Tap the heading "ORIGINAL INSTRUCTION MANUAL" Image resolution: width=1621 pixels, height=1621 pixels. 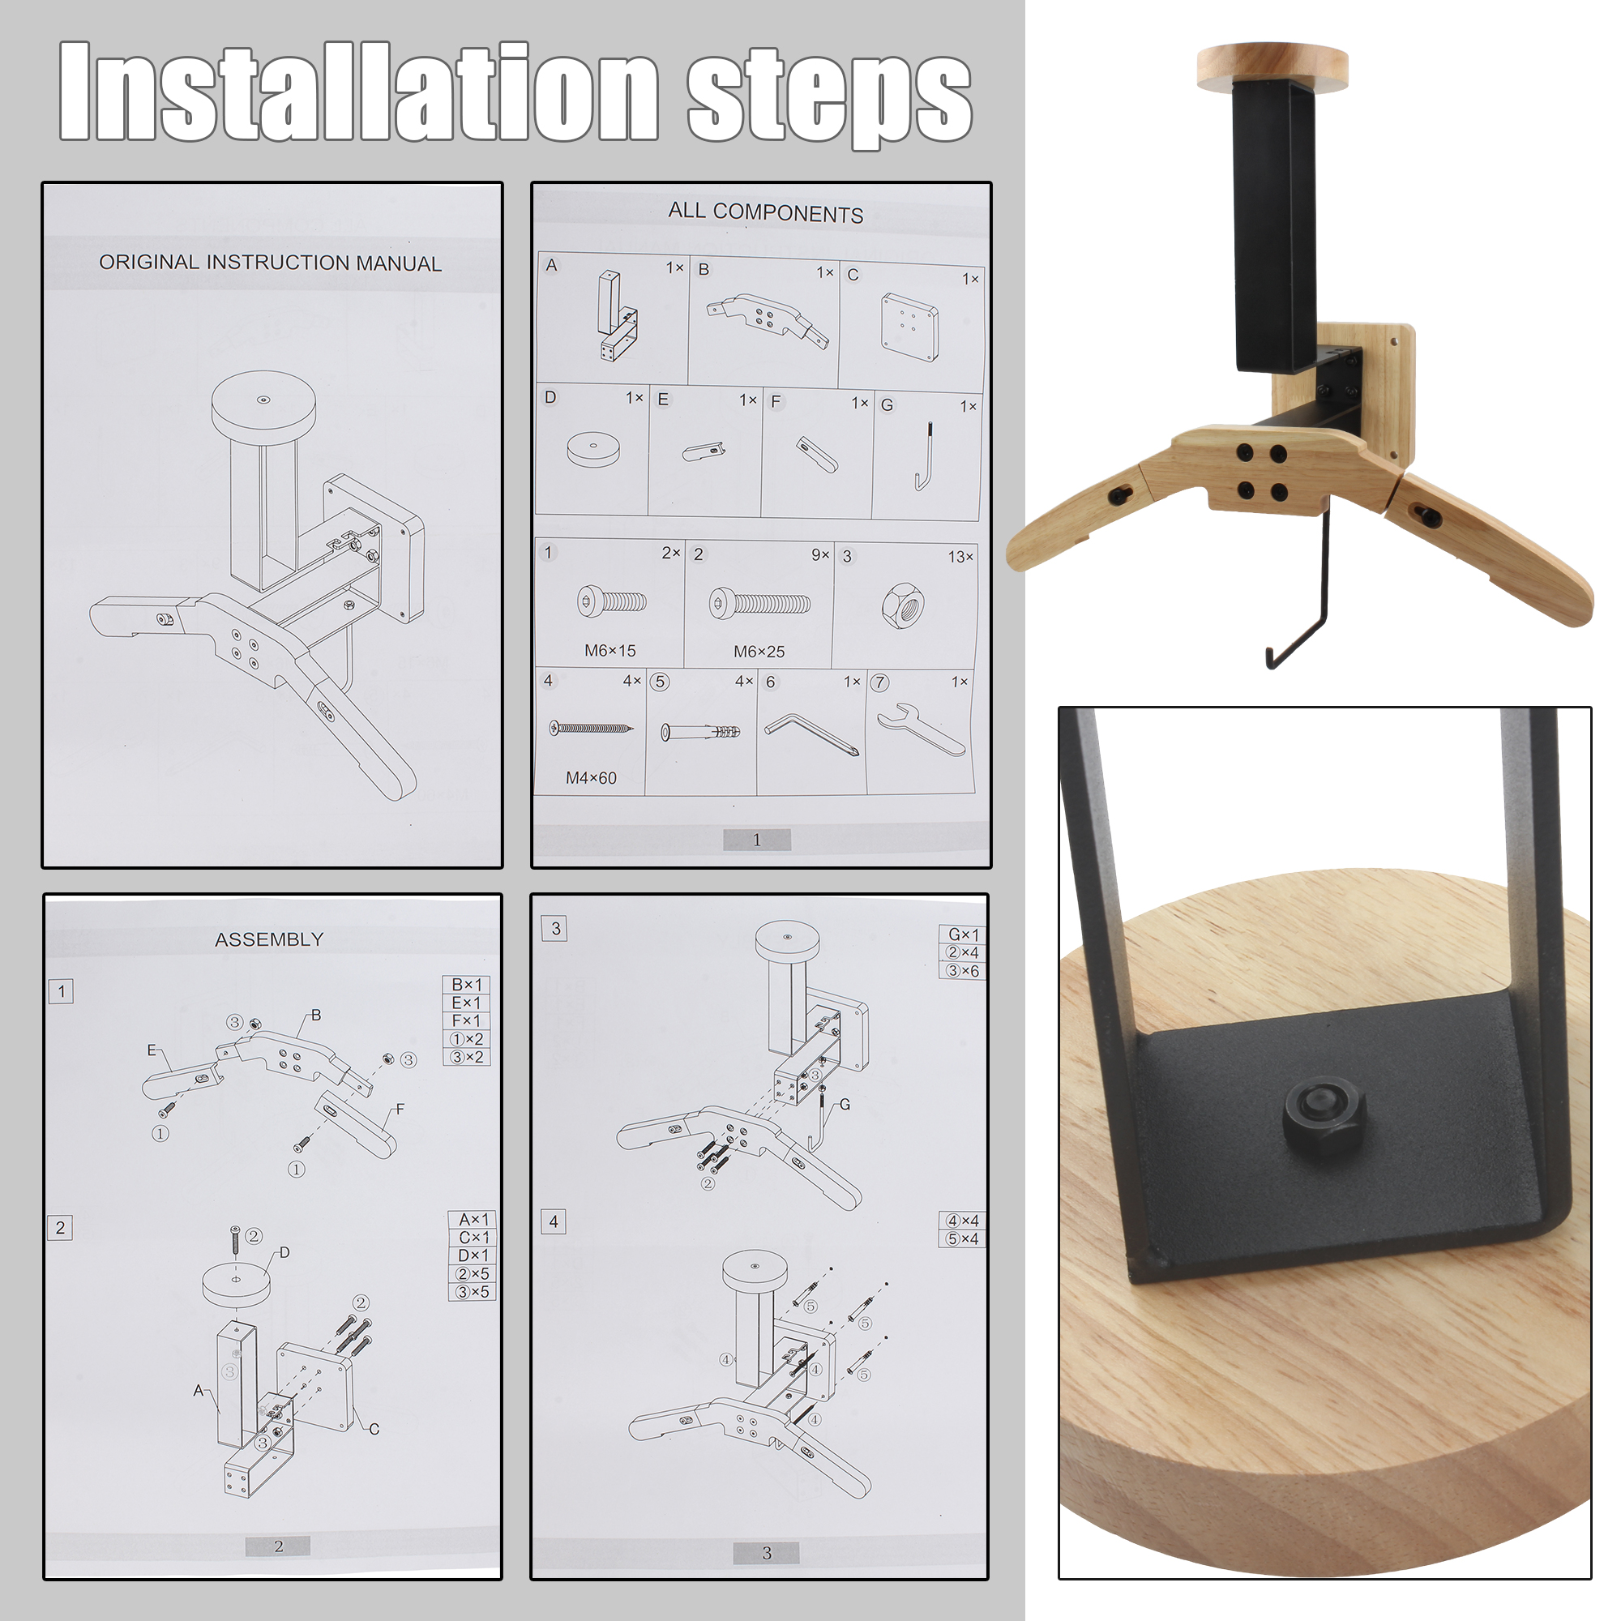click(x=270, y=263)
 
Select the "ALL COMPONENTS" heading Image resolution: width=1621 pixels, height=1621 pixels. click(x=765, y=212)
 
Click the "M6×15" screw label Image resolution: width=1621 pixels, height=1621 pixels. click(x=610, y=650)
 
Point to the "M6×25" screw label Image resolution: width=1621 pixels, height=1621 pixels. click(x=759, y=651)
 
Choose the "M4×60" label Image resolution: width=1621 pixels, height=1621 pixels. click(x=591, y=778)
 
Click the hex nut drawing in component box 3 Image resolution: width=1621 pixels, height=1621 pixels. click(x=903, y=604)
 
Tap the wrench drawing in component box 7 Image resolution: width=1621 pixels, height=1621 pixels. click(x=922, y=730)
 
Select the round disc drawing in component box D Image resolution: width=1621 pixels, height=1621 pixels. click(x=592, y=449)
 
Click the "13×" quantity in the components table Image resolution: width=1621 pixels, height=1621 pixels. click(x=960, y=557)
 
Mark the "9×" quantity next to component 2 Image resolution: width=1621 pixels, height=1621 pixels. click(x=819, y=554)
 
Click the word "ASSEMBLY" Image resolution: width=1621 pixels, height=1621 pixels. click(x=269, y=939)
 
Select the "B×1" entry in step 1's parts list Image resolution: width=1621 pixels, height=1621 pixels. click(x=467, y=984)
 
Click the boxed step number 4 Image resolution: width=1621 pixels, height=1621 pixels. click(x=553, y=1221)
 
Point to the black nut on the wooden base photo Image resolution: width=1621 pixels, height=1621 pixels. click(x=1324, y=1117)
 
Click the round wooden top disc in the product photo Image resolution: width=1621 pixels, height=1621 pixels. click(x=1272, y=66)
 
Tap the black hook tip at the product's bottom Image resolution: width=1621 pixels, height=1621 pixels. click(x=1269, y=659)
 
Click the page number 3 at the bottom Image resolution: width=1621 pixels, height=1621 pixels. click(x=766, y=1553)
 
